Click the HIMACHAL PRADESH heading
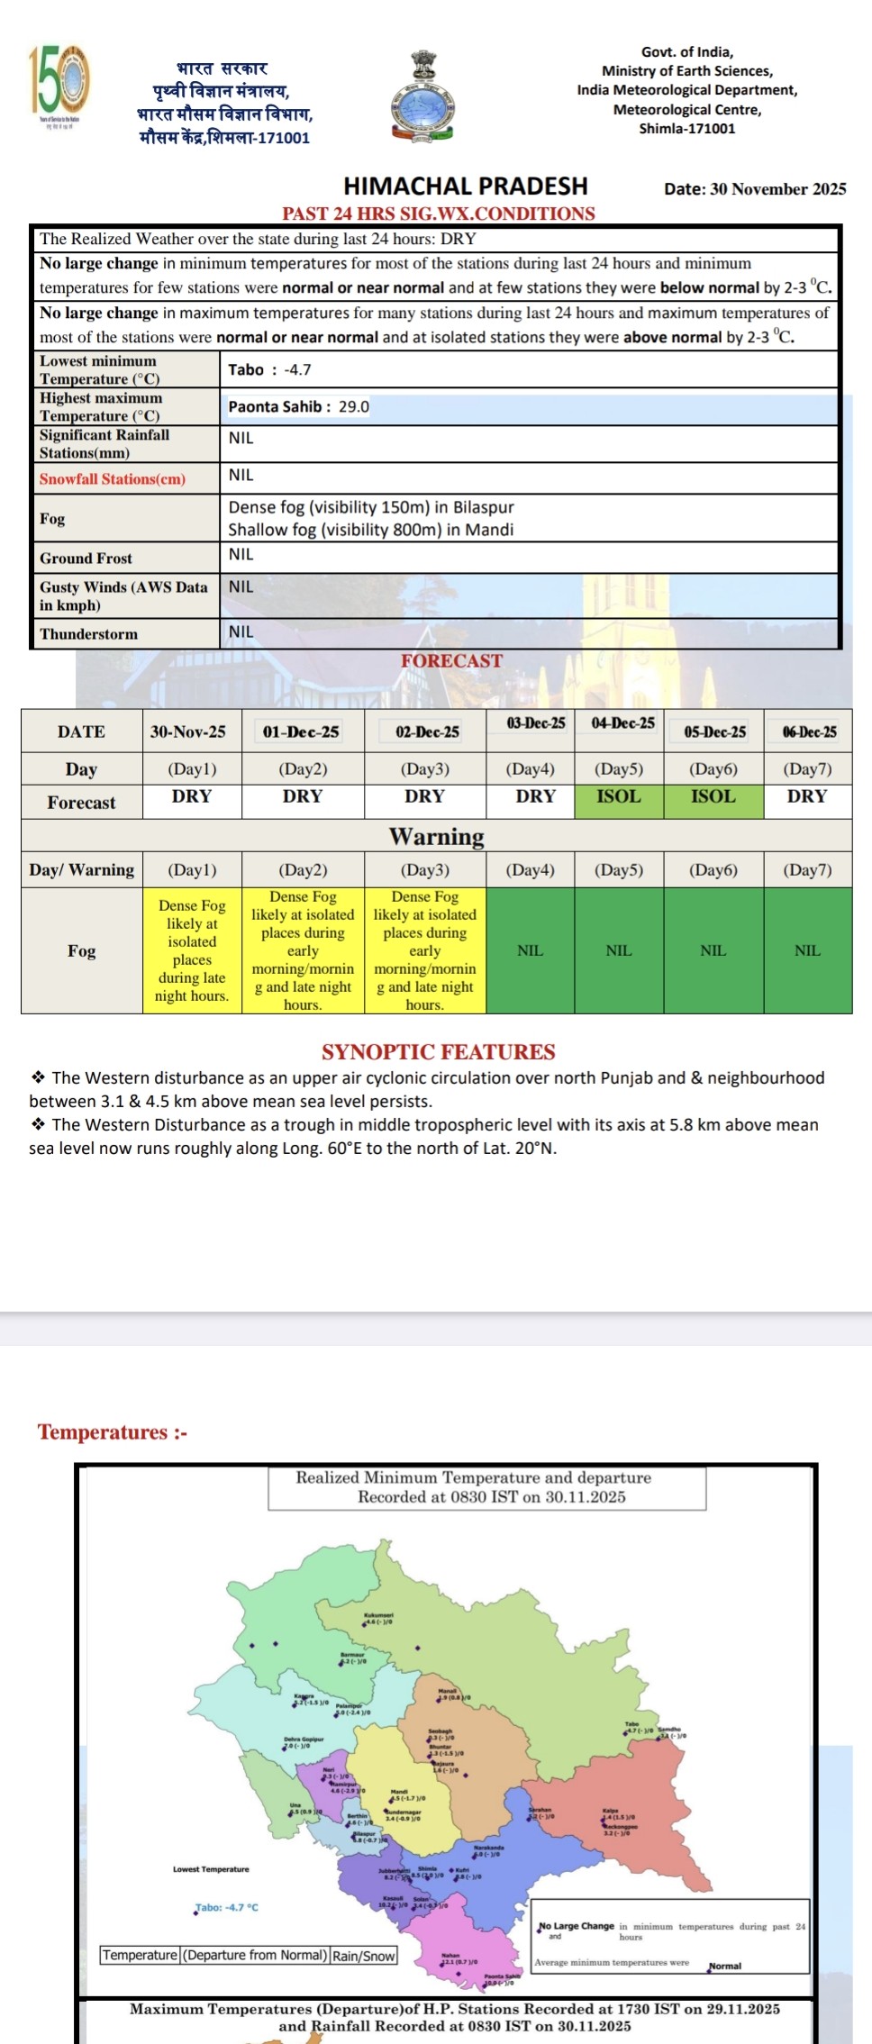tap(465, 186)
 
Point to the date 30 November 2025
tap(755, 189)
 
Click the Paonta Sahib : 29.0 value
tap(298, 406)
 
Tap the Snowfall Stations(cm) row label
tap(113, 479)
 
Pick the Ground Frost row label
tap(86, 559)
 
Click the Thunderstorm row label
tap(88, 634)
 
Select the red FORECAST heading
tap(451, 660)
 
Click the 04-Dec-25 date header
tap(622, 723)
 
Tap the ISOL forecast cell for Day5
tap(619, 797)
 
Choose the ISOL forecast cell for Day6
tap(713, 797)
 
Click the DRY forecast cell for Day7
tap(807, 797)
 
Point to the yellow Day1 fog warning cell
tap(192, 950)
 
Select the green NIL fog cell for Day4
tap(530, 950)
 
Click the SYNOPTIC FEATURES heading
tap(438, 1051)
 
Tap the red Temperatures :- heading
tap(113, 1432)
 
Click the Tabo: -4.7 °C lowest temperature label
tap(227, 1907)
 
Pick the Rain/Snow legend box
tap(363, 1955)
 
